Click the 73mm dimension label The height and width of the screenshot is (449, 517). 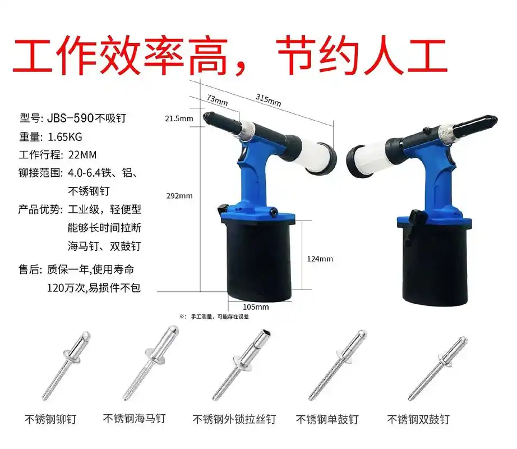coord(217,99)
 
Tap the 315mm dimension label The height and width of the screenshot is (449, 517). coord(268,100)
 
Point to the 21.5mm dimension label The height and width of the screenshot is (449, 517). coord(178,118)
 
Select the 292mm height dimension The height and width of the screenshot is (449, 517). coord(178,196)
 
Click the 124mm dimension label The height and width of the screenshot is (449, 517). coord(321,259)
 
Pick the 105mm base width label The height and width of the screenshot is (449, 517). coord(256,307)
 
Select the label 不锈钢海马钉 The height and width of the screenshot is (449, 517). coord(135,419)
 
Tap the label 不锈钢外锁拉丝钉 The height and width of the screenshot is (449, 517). coord(234,419)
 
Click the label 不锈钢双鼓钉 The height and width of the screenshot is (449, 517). coord(418,419)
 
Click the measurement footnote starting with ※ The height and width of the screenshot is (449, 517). coord(214,317)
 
